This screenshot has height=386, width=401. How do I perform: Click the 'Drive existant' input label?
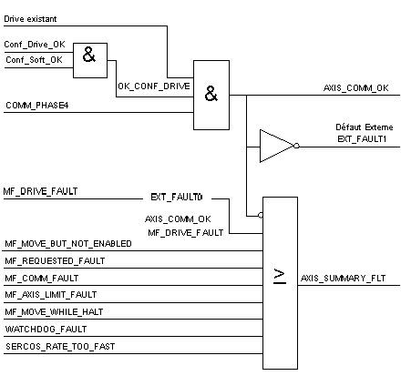point(30,19)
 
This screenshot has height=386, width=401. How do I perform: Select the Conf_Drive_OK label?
point(35,45)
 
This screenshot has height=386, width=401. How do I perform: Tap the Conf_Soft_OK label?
point(34,60)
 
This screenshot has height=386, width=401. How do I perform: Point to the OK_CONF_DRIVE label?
point(154,86)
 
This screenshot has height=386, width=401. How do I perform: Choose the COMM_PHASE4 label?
point(37,106)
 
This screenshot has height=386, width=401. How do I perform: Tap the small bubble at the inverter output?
point(296,146)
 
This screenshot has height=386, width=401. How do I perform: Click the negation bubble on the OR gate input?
point(261,216)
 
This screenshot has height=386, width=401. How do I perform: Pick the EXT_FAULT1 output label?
point(362,139)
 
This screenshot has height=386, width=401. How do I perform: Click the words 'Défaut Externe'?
point(365,127)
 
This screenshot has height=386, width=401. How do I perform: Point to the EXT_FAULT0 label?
point(177,198)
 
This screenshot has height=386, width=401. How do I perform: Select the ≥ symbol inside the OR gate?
point(280,277)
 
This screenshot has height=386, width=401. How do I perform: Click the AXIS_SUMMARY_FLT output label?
point(343,279)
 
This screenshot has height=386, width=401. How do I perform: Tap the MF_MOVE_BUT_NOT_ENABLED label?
point(68,244)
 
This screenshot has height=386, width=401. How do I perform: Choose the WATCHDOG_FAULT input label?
point(46,330)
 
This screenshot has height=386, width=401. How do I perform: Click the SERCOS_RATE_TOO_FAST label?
point(60,347)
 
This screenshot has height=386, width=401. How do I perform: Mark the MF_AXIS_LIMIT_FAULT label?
point(51,295)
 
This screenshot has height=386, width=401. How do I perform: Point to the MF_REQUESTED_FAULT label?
point(55,261)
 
